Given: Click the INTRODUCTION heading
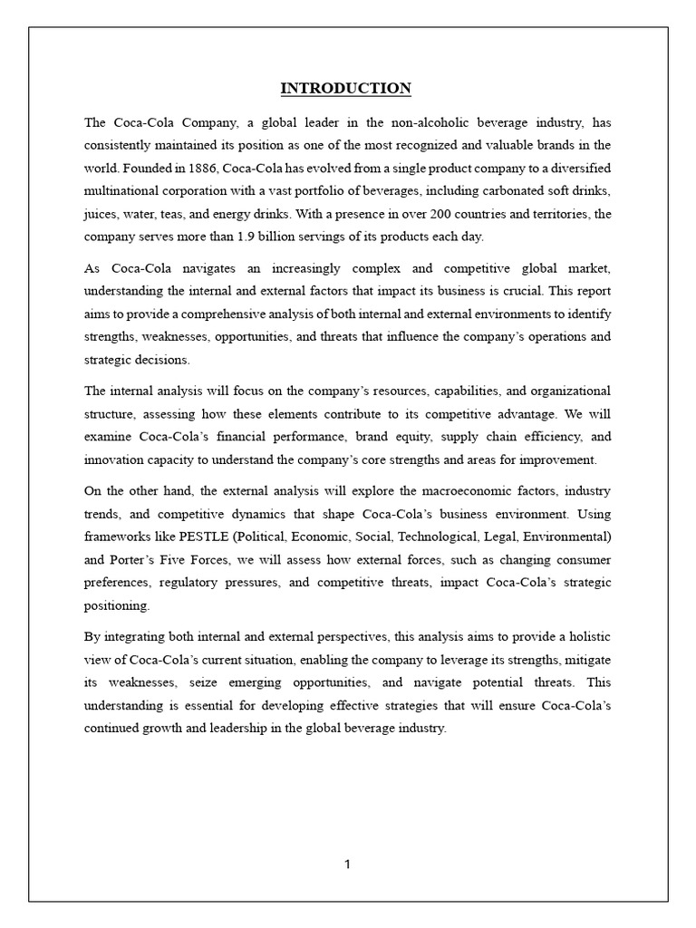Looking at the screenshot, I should pyautogui.click(x=345, y=88).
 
